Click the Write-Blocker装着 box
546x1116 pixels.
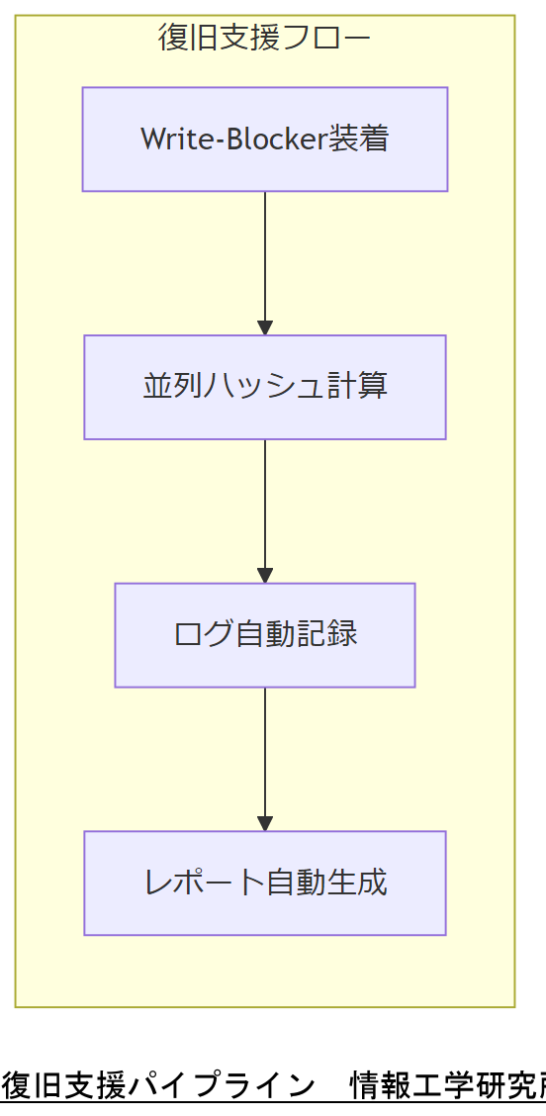point(265,139)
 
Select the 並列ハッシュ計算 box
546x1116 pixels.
point(265,387)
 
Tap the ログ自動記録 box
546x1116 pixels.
point(265,635)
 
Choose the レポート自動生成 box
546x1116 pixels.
point(265,883)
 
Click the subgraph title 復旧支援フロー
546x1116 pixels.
point(264,39)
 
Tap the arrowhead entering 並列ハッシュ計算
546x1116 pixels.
point(265,327)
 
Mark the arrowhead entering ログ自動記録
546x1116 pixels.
point(265,576)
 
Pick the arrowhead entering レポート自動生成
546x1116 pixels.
point(265,823)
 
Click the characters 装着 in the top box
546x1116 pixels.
point(359,139)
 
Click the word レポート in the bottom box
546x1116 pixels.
point(205,883)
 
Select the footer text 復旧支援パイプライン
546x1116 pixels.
point(158,1086)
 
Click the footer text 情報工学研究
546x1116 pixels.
point(445,1086)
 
